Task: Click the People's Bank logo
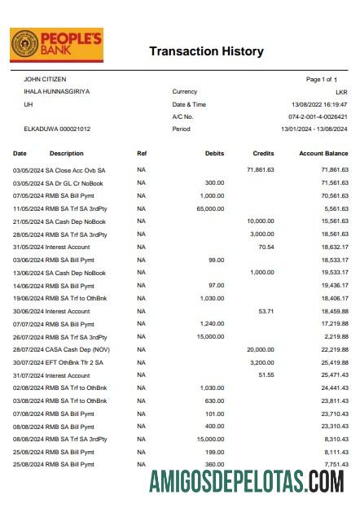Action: coord(56,46)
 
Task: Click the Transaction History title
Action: coord(206,51)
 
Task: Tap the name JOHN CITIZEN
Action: coord(45,79)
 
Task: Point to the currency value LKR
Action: coord(342,92)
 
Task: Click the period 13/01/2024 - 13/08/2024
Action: coord(314,129)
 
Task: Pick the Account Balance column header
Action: coord(323,153)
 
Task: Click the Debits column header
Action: coord(215,153)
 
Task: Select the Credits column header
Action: coord(264,153)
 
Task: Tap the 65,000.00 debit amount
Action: coord(211,208)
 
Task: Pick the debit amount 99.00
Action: coord(216,260)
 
